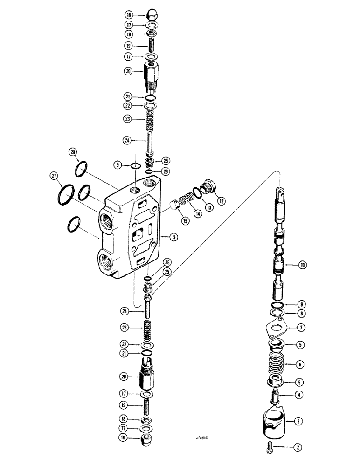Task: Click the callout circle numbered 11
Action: click(173, 237)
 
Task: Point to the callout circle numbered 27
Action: click(55, 176)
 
